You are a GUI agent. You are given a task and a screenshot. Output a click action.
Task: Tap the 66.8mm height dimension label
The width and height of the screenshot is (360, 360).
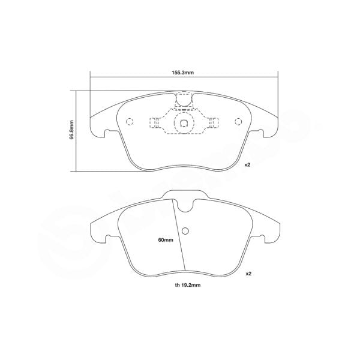[72, 129]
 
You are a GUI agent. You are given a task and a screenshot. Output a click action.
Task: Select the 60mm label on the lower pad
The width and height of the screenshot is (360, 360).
[165, 240]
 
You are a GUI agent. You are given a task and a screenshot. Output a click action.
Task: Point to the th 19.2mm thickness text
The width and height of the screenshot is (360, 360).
[184, 286]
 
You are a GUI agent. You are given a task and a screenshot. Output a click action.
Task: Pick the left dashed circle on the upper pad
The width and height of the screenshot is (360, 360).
[129, 122]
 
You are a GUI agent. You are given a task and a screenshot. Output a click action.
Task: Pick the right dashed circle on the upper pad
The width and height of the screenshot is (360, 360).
[238, 122]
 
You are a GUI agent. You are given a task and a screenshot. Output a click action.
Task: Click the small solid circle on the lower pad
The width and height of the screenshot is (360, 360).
[185, 232]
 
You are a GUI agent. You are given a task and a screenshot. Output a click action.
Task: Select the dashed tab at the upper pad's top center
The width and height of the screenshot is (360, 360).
[184, 100]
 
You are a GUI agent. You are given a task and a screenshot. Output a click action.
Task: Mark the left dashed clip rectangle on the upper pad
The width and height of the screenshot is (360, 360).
[155, 125]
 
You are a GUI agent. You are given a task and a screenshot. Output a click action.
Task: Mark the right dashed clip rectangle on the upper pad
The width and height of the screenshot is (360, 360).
[212, 125]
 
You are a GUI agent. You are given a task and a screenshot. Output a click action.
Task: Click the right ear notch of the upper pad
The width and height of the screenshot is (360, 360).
[263, 133]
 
